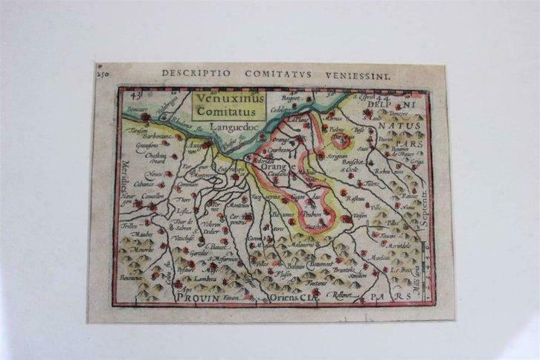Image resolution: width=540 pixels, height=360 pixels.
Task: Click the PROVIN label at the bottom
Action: pos(198,297)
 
